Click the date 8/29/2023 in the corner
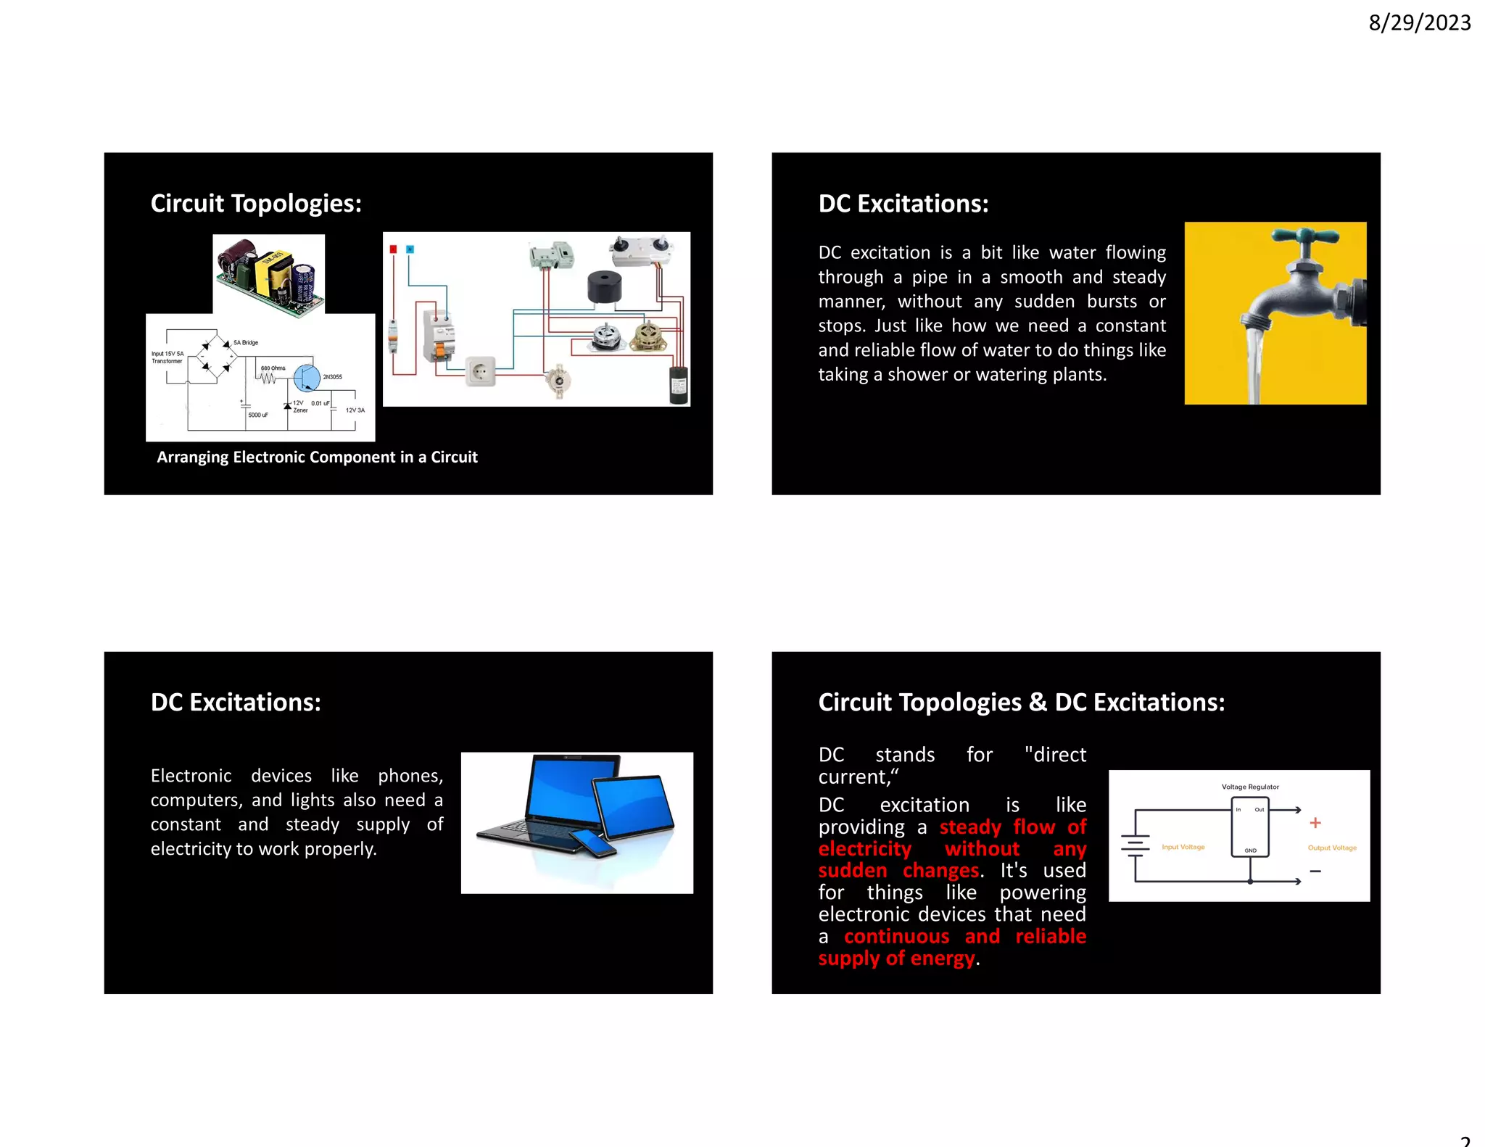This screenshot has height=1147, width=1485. click(1419, 23)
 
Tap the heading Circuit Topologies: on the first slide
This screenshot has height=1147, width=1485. click(256, 204)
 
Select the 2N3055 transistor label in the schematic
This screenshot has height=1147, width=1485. click(332, 377)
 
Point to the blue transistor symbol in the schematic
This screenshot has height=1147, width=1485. click(307, 377)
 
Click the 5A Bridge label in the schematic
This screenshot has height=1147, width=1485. click(246, 342)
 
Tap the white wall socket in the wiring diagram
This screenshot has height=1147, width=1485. click(479, 371)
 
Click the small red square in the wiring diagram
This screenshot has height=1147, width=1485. click(393, 249)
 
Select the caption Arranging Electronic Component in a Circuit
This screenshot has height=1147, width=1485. click(317, 457)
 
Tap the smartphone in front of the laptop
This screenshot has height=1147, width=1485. click(593, 842)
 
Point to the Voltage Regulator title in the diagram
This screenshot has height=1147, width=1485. click(1250, 787)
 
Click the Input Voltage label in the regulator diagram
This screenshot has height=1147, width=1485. click(1183, 847)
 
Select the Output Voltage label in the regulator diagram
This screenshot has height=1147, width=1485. click(1332, 848)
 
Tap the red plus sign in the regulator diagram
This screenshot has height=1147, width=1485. click(1315, 823)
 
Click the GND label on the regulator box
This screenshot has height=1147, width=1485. click(1250, 850)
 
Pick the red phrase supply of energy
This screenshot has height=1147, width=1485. click(896, 958)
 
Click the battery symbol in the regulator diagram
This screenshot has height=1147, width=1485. click(1136, 845)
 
